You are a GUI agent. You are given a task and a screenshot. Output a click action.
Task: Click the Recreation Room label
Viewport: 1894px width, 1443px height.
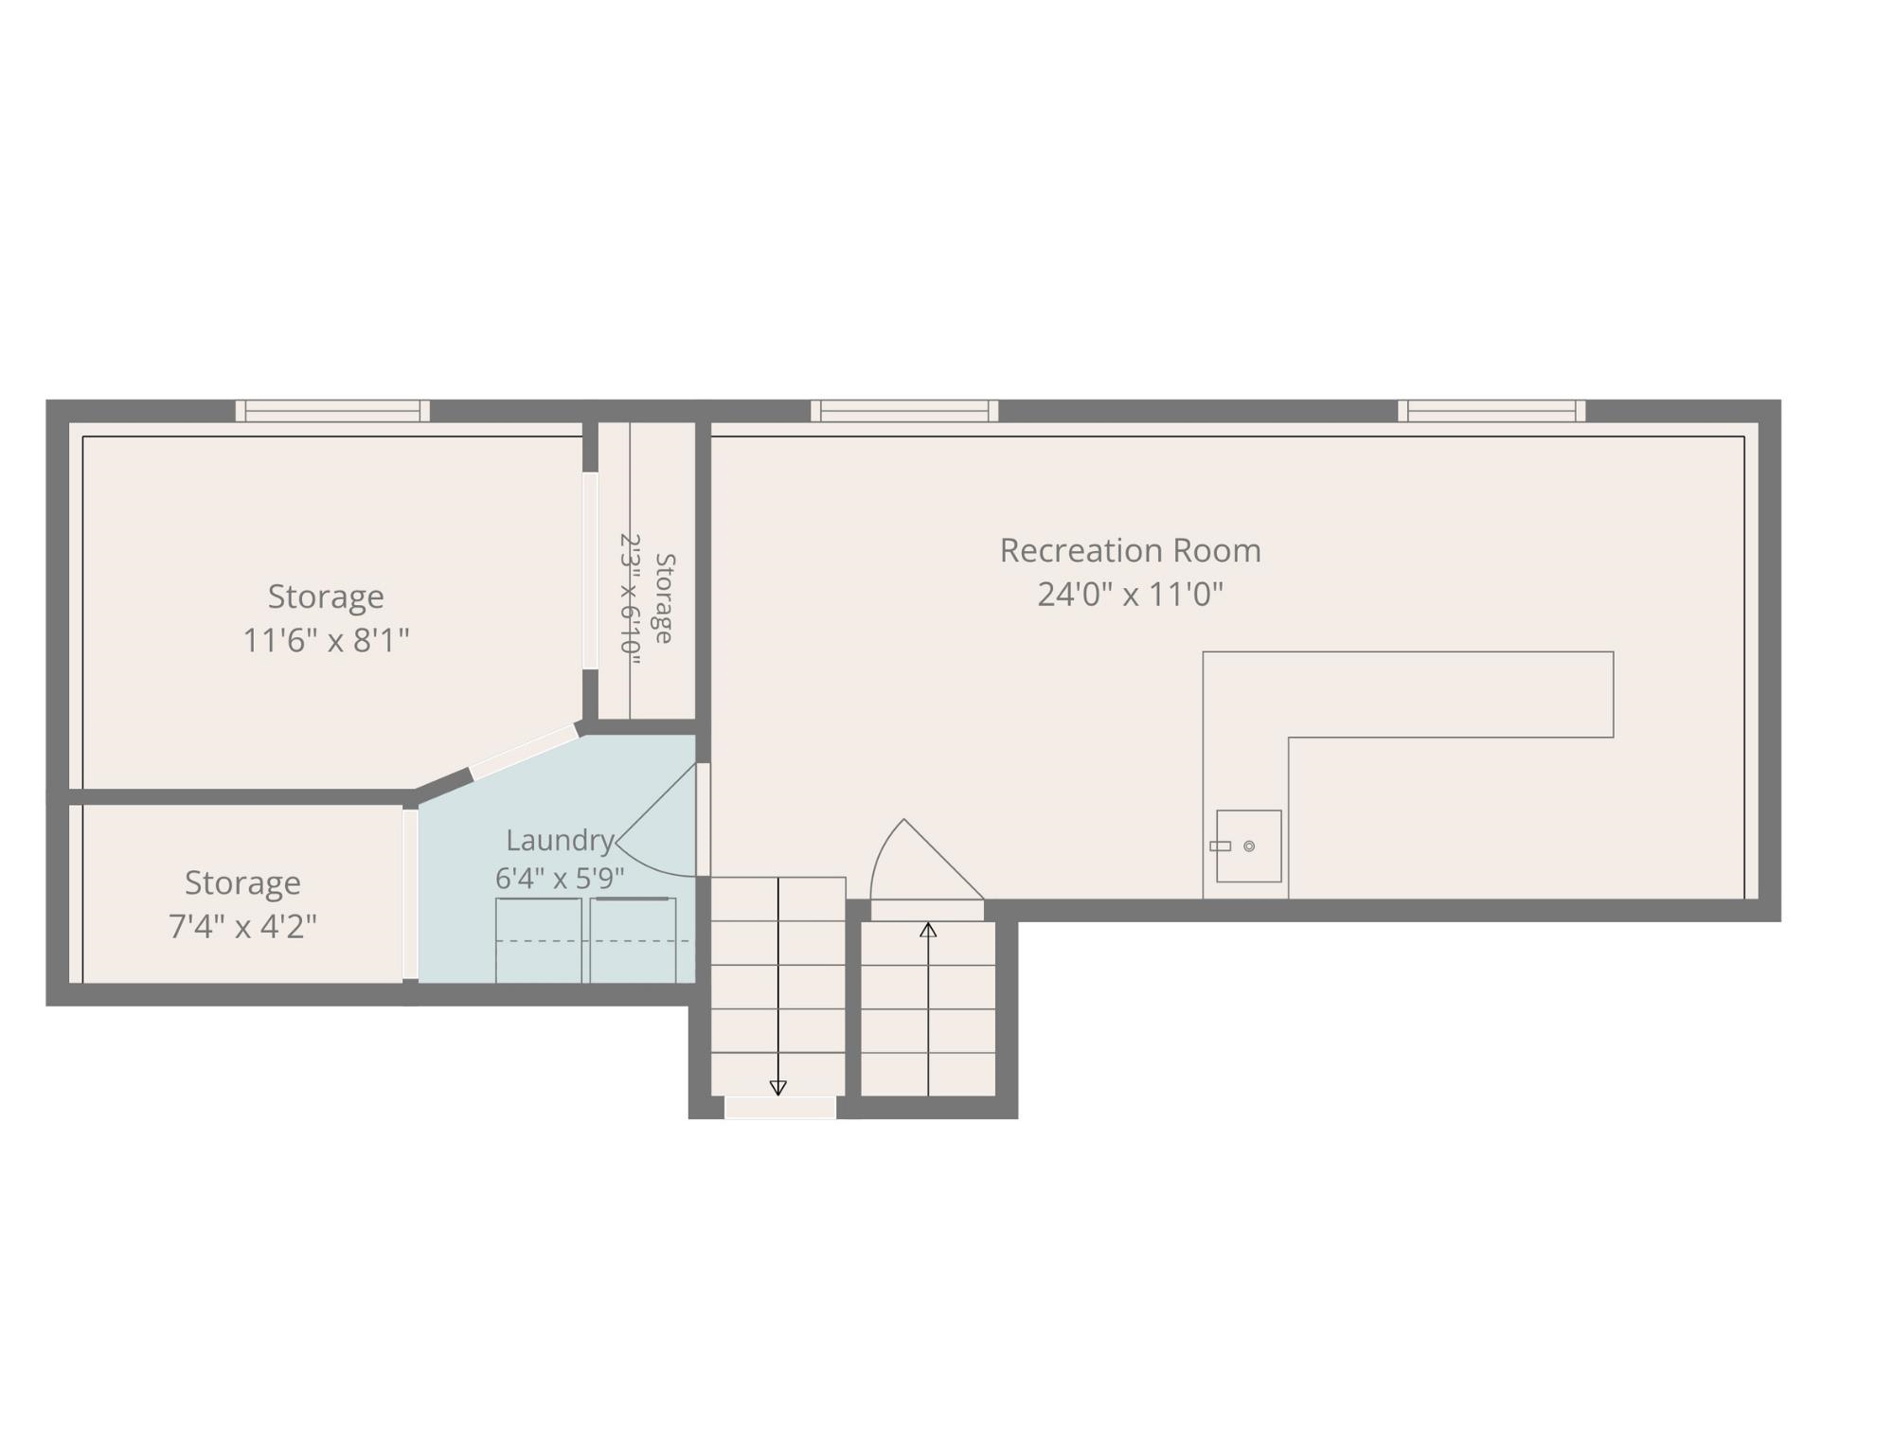coord(1130,550)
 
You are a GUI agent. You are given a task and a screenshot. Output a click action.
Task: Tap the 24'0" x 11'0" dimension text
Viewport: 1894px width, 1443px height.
coord(1130,595)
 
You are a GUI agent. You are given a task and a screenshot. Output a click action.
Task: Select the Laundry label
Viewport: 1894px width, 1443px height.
coord(560,840)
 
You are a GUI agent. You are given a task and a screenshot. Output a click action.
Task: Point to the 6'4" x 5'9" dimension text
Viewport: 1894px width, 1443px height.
coord(560,879)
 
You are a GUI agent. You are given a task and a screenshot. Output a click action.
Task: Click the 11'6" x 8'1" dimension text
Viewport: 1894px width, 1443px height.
coord(326,641)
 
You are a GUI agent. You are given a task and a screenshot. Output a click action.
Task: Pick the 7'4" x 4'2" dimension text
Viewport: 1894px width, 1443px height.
coord(242,926)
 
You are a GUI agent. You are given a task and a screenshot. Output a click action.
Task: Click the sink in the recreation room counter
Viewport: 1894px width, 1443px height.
coord(1248,846)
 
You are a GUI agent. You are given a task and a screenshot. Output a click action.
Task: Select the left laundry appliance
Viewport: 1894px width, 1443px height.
coord(538,940)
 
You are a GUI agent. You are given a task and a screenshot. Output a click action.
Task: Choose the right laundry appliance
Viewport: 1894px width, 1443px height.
coord(633,940)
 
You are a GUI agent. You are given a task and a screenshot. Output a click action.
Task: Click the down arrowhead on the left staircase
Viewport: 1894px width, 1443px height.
coord(777,1088)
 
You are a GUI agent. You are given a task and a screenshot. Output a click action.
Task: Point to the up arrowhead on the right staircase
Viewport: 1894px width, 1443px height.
coord(928,931)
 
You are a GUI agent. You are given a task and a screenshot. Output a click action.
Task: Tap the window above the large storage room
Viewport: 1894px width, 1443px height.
coord(332,411)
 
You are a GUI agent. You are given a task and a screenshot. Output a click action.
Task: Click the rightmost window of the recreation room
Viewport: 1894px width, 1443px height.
coord(1492,411)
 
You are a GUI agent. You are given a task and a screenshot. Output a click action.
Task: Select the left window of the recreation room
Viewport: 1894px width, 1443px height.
coord(904,411)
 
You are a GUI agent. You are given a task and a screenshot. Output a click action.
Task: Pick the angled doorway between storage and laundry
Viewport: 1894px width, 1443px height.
coord(525,753)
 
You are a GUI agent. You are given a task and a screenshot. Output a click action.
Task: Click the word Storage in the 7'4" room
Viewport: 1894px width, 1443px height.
coord(242,882)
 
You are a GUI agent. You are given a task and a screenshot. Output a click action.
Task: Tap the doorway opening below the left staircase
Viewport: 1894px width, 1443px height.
coord(780,1107)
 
